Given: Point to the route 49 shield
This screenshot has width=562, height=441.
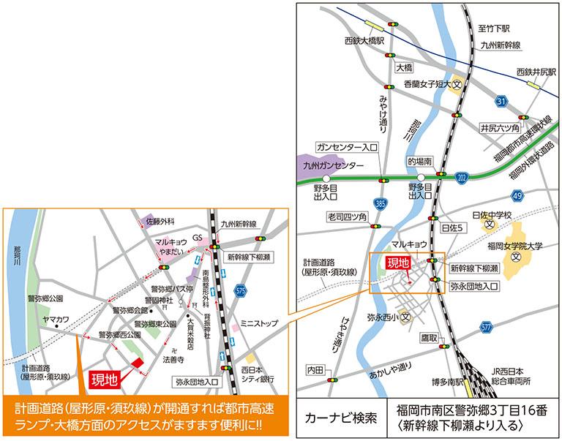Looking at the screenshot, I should click(517, 195).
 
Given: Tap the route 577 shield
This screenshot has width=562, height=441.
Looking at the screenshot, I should click(487, 327).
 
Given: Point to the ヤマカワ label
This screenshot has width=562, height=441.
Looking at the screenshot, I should click(55, 320).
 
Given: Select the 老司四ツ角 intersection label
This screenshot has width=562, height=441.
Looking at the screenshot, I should click(348, 216).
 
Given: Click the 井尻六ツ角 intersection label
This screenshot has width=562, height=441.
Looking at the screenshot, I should click(500, 127).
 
